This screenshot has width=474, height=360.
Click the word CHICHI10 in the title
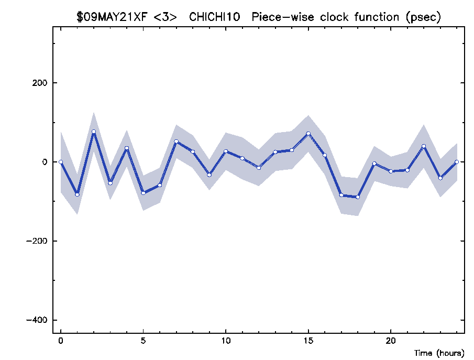pyautogui.click(x=214, y=17)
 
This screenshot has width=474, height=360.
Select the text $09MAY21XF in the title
pyautogui.click(x=112, y=17)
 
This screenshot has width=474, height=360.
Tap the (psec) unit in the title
pyautogui.click(x=423, y=17)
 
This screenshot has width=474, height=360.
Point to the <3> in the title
pyautogui.click(x=165, y=17)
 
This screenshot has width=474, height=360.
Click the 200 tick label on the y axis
pyautogui.click(x=40, y=83)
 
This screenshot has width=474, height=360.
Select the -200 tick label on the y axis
pyautogui.click(x=37, y=241)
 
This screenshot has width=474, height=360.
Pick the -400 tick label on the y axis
pyautogui.click(x=37, y=320)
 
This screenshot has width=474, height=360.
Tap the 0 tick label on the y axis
pyautogui.click(x=45, y=162)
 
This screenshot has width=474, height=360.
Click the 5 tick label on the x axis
pyautogui.click(x=144, y=341)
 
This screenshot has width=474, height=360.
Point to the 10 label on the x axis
pyautogui.click(x=226, y=341)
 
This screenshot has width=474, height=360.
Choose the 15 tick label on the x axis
pyautogui.click(x=308, y=341)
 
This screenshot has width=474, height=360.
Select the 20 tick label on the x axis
pyautogui.click(x=391, y=341)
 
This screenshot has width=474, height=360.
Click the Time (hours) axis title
pyautogui.click(x=439, y=353)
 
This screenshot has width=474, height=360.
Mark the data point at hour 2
pyautogui.click(x=94, y=132)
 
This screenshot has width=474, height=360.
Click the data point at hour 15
pyautogui.click(x=308, y=134)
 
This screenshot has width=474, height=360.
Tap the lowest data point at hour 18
pyautogui.click(x=358, y=197)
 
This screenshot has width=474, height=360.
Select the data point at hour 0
pyautogui.click(x=61, y=162)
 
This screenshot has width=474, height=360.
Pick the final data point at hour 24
pyautogui.click(x=457, y=162)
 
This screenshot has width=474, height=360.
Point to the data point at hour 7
pyautogui.click(x=176, y=141)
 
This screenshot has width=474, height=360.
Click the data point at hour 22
pyautogui.click(x=424, y=146)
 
